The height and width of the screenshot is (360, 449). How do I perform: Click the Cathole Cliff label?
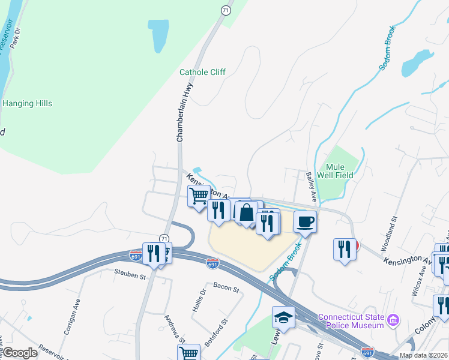click(202, 72)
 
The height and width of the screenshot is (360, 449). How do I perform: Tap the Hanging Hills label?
click(27, 103)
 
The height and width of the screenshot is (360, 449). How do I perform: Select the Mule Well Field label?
click(339, 171)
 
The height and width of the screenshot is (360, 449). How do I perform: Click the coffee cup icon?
click(305, 222)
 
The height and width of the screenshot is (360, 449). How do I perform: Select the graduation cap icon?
click(283, 317)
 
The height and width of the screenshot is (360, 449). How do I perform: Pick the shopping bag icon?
click(246, 212)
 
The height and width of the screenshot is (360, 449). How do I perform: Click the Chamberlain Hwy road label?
click(185, 113)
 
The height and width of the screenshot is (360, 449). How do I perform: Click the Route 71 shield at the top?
click(225, 10)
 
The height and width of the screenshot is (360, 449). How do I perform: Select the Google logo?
click(20, 353)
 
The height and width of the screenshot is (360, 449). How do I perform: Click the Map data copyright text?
click(423, 355)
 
